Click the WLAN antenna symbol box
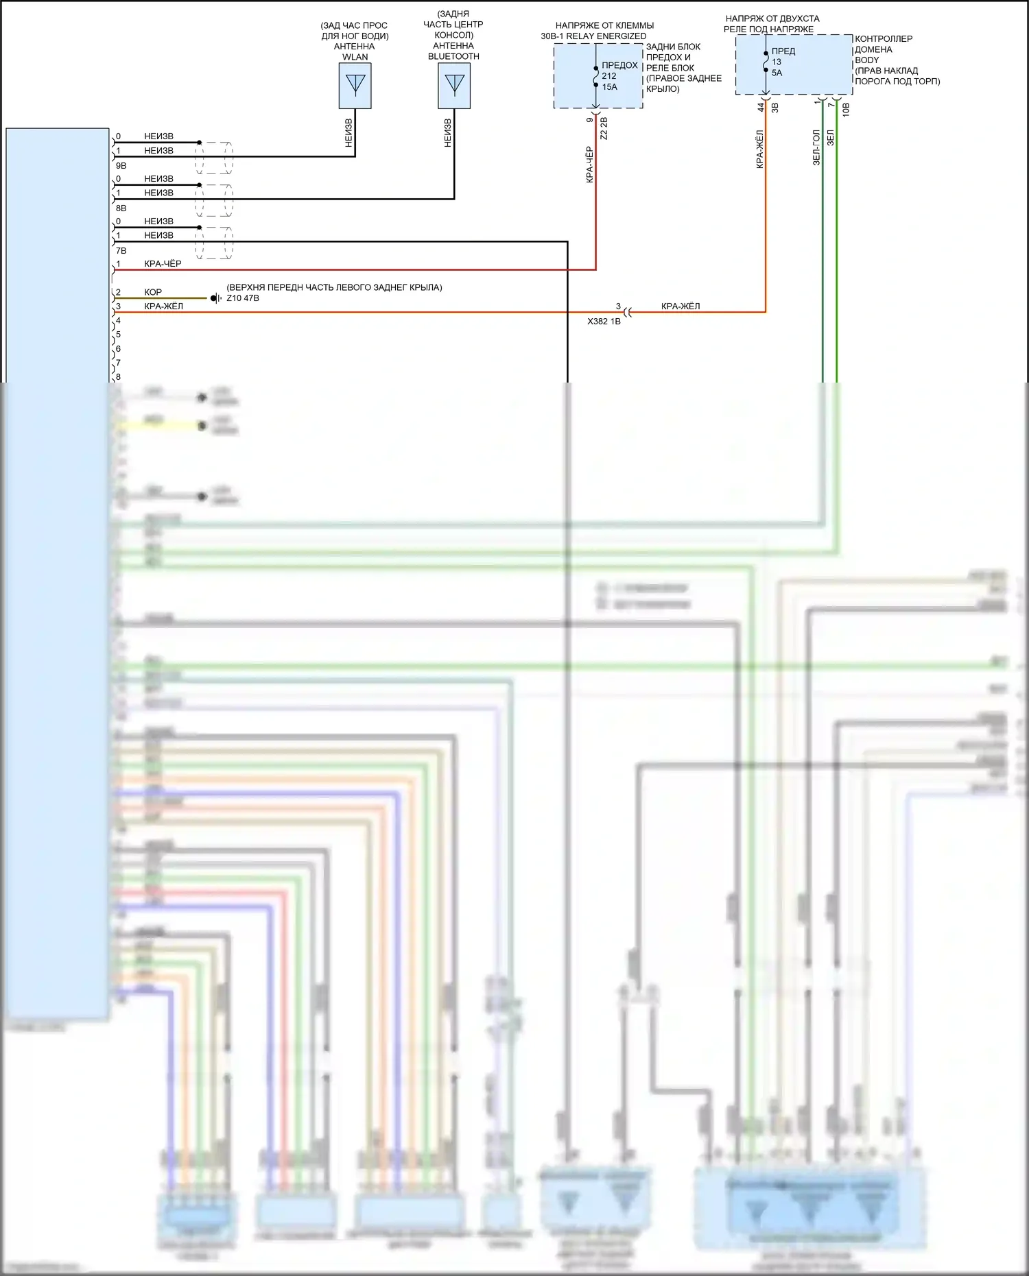click(x=355, y=86)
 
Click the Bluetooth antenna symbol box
click(x=454, y=86)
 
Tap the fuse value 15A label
click(x=610, y=87)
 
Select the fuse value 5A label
click(x=777, y=73)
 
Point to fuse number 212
click(x=609, y=76)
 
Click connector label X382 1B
click(x=604, y=321)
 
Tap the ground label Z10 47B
click(x=243, y=298)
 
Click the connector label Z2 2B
click(x=604, y=128)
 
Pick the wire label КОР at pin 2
click(x=153, y=292)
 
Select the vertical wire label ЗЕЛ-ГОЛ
click(x=816, y=147)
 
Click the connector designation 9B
click(x=121, y=166)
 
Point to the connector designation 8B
click(x=121, y=208)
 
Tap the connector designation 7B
click(x=121, y=251)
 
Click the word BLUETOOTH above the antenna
click(x=453, y=56)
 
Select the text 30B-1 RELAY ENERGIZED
click(x=593, y=36)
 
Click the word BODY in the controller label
click(x=866, y=60)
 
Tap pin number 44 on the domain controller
click(x=761, y=108)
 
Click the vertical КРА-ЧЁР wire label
click(x=589, y=165)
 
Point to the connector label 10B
click(x=845, y=109)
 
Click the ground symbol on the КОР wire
click(x=215, y=298)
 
